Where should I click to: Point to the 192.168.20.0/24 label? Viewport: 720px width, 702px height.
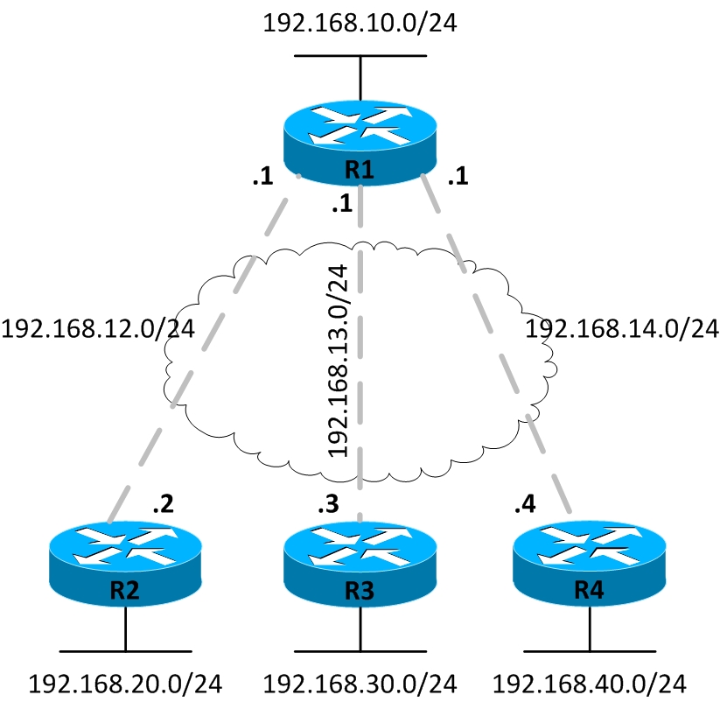point(125,683)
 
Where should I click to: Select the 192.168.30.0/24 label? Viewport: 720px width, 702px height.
point(360,683)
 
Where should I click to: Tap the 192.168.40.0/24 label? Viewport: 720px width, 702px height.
point(589,683)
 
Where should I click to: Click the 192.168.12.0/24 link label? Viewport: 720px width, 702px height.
point(98,329)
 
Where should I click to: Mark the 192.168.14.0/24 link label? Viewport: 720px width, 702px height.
point(620,329)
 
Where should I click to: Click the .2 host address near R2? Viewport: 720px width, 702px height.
point(163,504)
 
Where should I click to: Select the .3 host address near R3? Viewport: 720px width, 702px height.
point(327,504)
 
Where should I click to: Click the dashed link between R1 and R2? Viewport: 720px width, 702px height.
point(201,350)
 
